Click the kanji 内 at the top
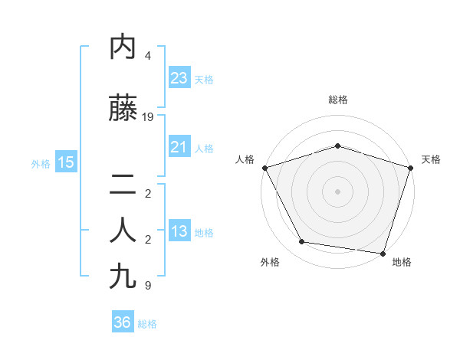point(123,47)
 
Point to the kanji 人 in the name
point(123,230)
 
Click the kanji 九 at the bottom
point(123,276)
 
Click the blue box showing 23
point(179,78)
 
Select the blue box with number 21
point(179,148)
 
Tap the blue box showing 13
point(179,232)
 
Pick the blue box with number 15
point(65,162)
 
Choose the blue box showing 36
point(122,322)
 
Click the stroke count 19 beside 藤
point(148,117)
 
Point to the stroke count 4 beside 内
point(148,56)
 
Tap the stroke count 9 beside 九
point(148,286)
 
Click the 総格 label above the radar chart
point(337,100)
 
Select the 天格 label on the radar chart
point(431,159)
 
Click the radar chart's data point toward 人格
point(264,168)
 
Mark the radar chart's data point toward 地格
point(383,253)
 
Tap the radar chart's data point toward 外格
point(302,242)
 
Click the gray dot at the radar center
point(337,191)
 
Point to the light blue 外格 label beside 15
point(41,163)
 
